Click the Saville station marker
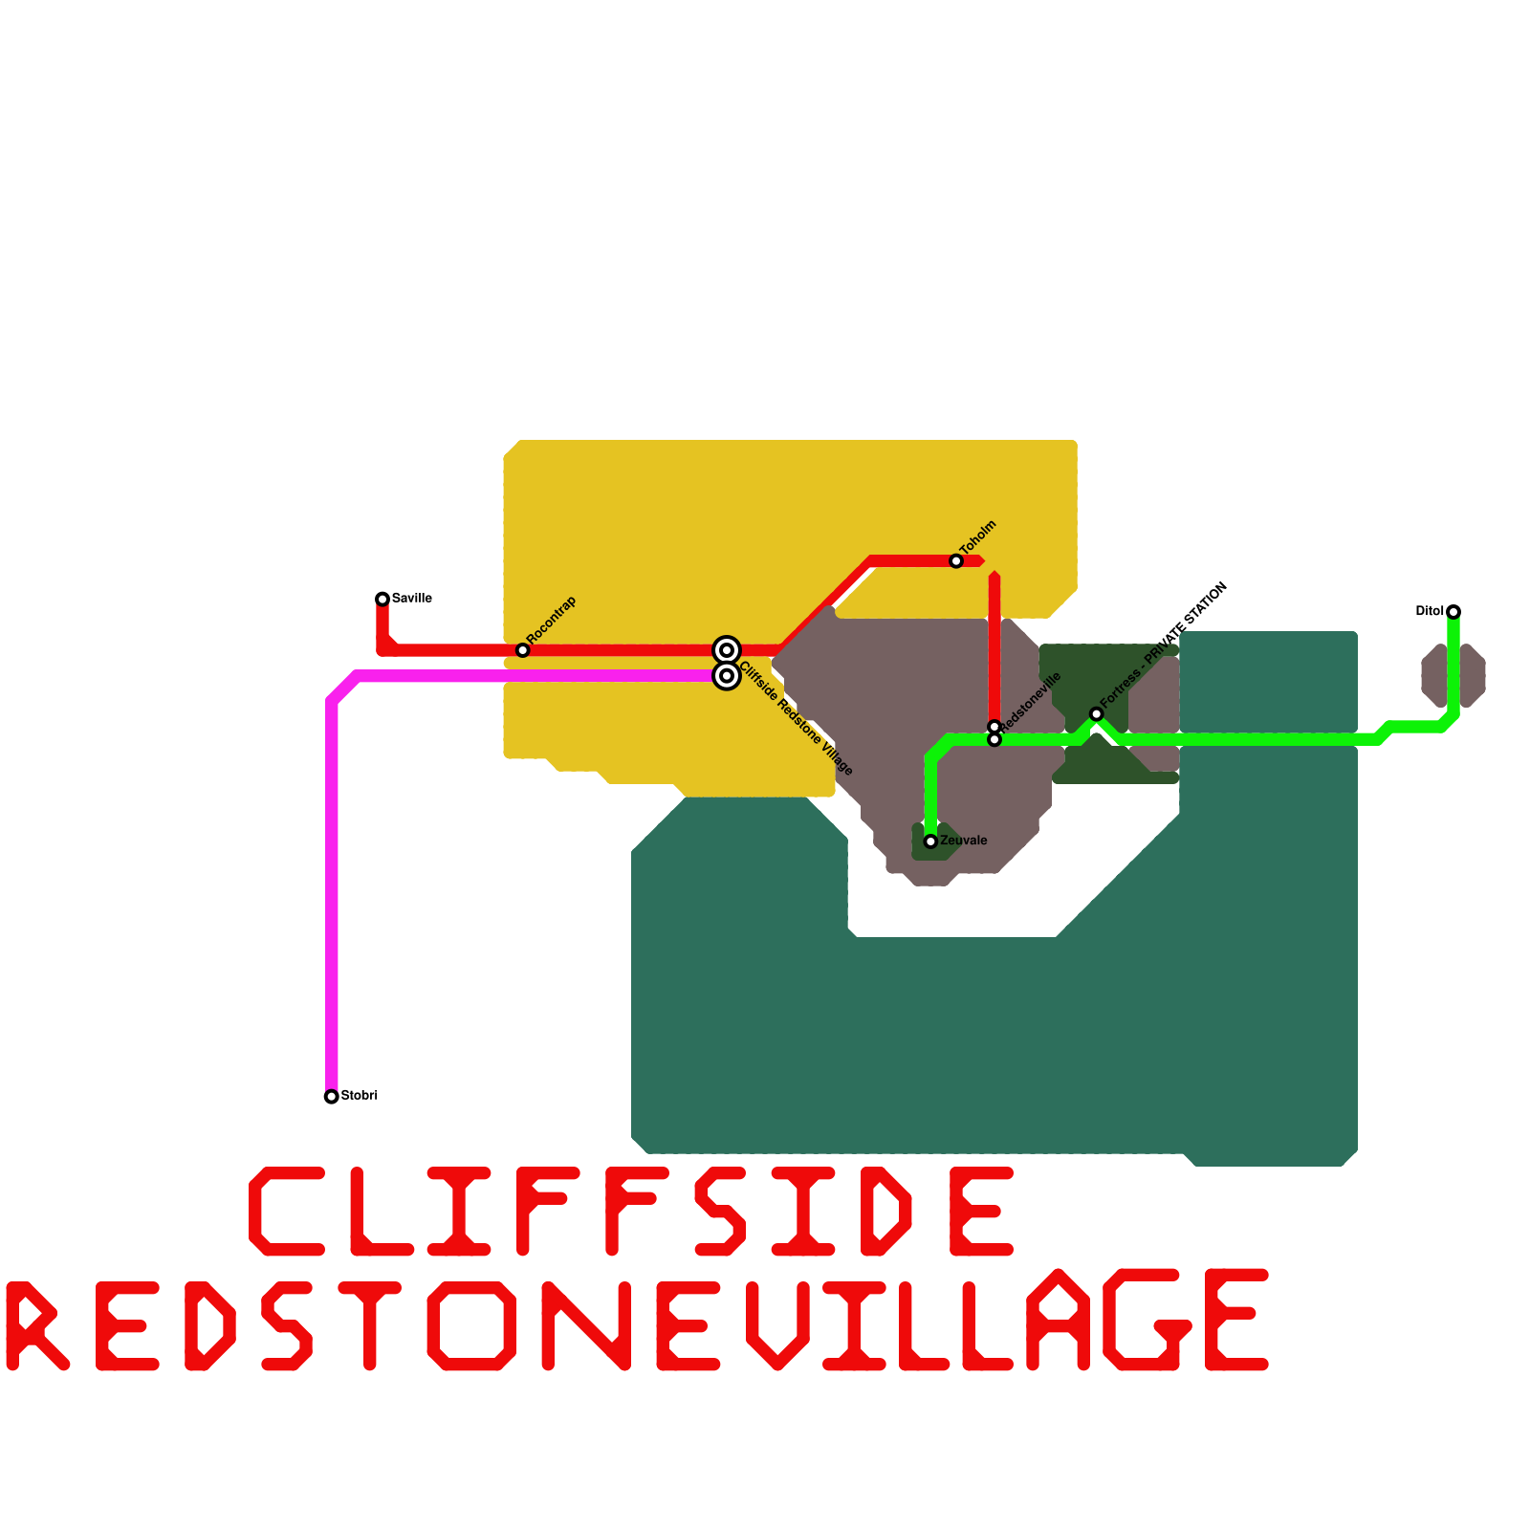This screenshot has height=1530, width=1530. point(382,599)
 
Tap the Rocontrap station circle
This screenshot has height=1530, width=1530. point(522,650)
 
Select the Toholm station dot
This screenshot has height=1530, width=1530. point(956,561)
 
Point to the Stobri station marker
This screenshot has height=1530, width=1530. point(331,1097)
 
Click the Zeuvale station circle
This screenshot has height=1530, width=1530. point(930,841)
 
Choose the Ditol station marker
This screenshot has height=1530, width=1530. point(1453,612)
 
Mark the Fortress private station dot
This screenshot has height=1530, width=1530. point(1097,714)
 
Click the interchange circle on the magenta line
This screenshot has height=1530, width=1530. point(727,676)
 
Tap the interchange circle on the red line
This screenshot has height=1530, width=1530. point(727,650)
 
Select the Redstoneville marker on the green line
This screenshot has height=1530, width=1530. point(994,740)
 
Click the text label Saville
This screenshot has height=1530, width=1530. point(412,599)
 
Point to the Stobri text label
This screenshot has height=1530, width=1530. point(360,1096)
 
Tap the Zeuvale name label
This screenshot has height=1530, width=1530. point(964,841)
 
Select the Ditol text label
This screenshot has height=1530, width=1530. point(1430,612)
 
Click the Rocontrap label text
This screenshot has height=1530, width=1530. point(552,620)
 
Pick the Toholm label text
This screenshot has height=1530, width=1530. point(978,537)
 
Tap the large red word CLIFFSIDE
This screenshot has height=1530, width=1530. point(631,1212)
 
